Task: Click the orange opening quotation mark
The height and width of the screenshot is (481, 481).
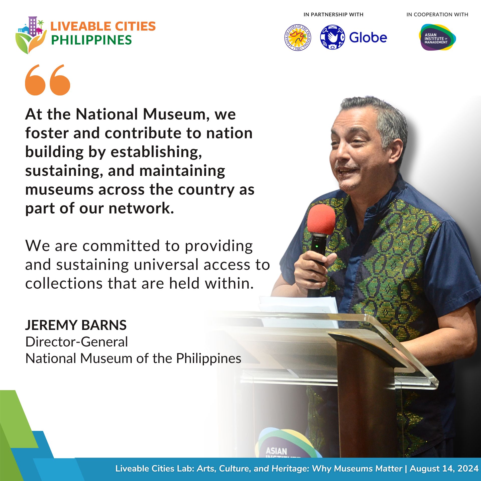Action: point(48,80)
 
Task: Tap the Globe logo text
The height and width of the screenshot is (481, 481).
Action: point(368,38)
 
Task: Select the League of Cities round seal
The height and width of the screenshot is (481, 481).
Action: point(298,38)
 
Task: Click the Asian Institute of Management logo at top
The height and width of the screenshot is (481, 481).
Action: point(437,37)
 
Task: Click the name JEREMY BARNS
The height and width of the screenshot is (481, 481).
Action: point(76,325)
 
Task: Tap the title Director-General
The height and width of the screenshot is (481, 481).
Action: point(77,342)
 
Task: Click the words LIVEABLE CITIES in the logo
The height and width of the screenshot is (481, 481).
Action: point(103,26)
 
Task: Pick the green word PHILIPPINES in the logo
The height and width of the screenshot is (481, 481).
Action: point(91,40)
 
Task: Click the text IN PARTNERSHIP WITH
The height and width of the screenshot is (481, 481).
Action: point(333,15)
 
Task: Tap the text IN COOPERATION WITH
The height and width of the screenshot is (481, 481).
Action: point(437,15)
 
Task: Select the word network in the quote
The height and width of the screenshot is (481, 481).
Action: point(141,208)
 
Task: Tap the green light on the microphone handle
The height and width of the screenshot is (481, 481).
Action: point(317,246)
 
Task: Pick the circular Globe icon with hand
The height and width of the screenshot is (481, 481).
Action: point(332,37)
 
